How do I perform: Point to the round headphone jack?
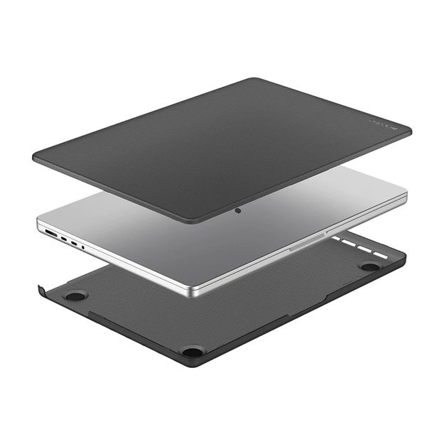(82, 247)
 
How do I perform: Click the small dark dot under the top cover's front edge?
(237, 210)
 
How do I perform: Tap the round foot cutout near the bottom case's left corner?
(74, 294)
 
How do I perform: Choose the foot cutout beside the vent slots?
(369, 266)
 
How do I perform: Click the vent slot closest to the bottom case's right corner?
(381, 254)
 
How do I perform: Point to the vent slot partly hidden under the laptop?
(335, 239)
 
